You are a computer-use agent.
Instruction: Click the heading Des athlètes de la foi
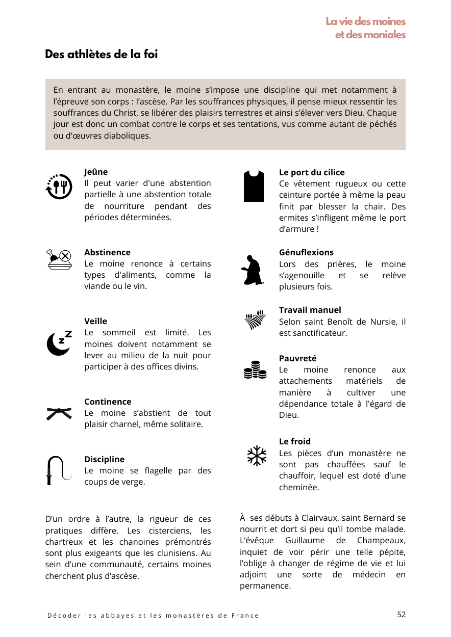[x=101, y=55]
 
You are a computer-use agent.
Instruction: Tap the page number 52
[x=402, y=614]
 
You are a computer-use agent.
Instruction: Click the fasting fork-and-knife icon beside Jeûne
[x=58, y=186]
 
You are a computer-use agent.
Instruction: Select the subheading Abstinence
[x=107, y=252]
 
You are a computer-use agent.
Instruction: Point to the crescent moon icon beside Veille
[x=59, y=343]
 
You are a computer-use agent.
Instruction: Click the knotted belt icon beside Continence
[x=58, y=413]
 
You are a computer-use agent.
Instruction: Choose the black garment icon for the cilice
[x=254, y=185]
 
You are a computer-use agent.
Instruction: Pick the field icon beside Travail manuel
[x=255, y=320]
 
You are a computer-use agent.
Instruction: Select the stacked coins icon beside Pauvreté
[x=255, y=369]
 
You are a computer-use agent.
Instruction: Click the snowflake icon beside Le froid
[x=257, y=456]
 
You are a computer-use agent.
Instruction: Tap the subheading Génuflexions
[x=306, y=252]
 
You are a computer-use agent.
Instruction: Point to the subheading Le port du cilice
[x=312, y=172]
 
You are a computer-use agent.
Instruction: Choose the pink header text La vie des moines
[x=365, y=21]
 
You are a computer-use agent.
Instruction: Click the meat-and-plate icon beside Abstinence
[x=58, y=259]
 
